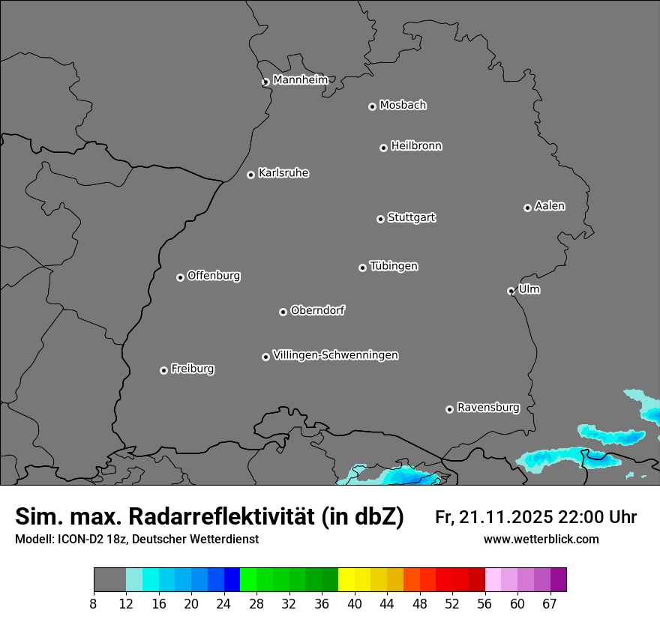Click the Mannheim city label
[x=300, y=80]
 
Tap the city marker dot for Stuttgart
[x=380, y=219]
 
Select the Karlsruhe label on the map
[x=283, y=173]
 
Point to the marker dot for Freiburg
[x=163, y=370]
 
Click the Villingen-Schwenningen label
[x=335, y=355]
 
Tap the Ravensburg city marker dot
[x=449, y=409]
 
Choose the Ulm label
[x=529, y=289]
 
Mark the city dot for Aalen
[x=527, y=208]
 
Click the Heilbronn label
[x=416, y=146]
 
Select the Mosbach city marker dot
[x=372, y=106]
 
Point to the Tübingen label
[x=394, y=266]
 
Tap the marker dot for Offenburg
[x=180, y=277]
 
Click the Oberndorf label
[x=317, y=310]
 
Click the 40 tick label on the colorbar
[x=354, y=603]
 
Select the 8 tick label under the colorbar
[x=94, y=603]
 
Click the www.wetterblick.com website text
[x=541, y=539]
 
